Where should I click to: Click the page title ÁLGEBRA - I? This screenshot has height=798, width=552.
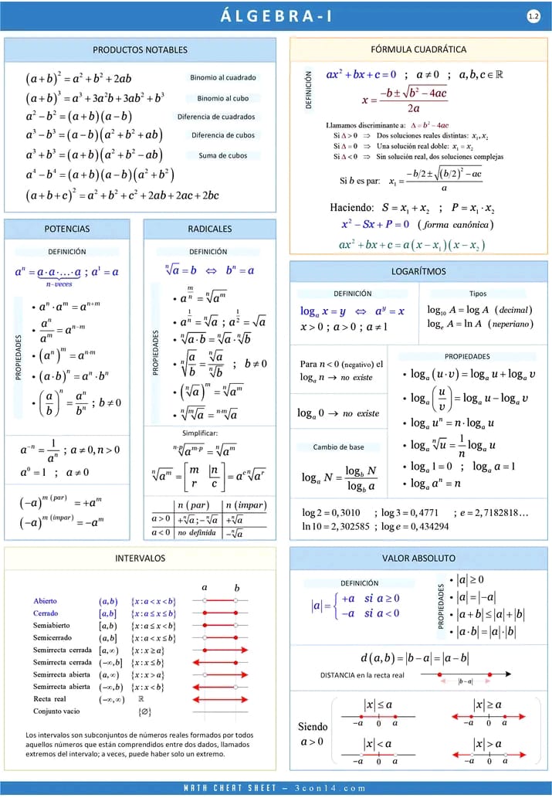pyautogui.click(x=276, y=15)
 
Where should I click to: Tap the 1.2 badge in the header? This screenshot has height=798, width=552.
pyautogui.click(x=533, y=15)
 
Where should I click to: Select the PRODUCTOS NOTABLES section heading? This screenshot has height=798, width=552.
pyautogui.click(x=139, y=49)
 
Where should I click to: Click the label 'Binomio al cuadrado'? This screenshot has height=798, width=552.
pyautogui.click(x=222, y=78)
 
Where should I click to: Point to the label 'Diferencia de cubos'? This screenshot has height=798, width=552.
pyautogui.click(x=222, y=136)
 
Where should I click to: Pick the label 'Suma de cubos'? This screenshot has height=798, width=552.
pyautogui.click(x=222, y=155)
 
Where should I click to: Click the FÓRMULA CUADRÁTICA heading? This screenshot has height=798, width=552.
pyautogui.click(x=418, y=49)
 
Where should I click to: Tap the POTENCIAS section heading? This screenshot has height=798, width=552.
pyautogui.click(x=66, y=229)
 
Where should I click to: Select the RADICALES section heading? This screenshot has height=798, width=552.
pyautogui.click(x=209, y=229)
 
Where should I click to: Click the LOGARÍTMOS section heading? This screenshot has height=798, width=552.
pyautogui.click(x=418, y=271)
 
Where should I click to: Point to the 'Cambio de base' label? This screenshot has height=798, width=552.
pyautogui.click(x=338, y=447)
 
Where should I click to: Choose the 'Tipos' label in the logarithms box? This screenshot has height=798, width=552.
pyautogui.click(x=478, y=294)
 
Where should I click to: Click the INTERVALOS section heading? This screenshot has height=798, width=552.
pyautogui.click(x=140, y=558)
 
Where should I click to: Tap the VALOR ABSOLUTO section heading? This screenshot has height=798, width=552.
pyautogui.click(x=418, y=558)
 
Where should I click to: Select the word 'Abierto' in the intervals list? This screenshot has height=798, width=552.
pyautogui.click(x=45, y=601)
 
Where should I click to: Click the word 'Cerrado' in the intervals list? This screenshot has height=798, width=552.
pyautogui.click(x=45, y=613)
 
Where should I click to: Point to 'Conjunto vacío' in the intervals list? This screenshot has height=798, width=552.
pyautogui.click(x=56, y=711)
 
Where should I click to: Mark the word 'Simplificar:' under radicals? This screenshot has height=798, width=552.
pyautogui.click(x=200, y=433)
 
